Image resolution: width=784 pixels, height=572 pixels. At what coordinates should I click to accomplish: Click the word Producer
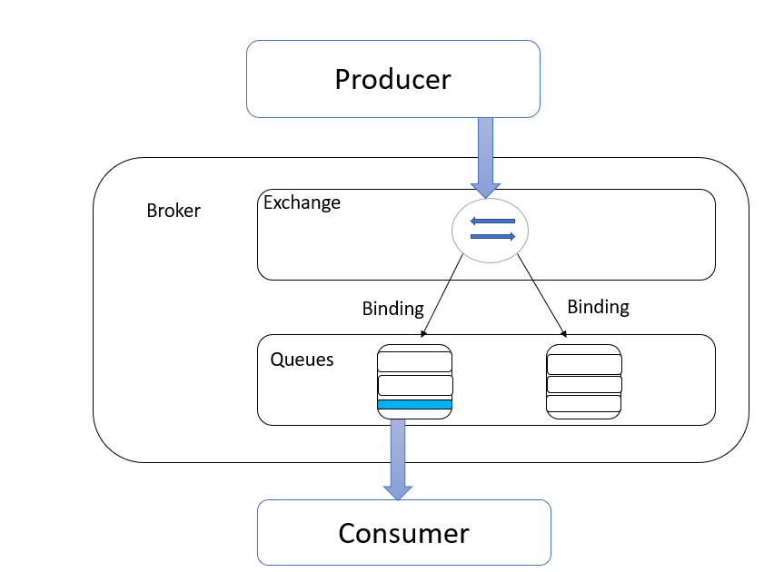pyautogui.click(x=393, y=79)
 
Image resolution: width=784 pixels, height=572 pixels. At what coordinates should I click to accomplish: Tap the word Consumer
pyautogui.click(x=404, y=533)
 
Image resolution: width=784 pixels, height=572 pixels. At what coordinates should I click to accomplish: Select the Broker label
pyautogui.click(x=174, y=211)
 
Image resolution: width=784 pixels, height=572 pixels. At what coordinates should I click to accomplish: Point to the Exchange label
pyautogui.click(x=302, y=202)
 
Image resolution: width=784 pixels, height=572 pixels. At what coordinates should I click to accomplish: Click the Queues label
pyautogui.click(x=302, y=360)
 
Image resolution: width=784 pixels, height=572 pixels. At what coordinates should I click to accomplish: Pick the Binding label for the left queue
pyautogui.click(x=393, y=309)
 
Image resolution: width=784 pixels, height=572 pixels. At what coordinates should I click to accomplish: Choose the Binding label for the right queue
pyautogui.click(x=598, y=307)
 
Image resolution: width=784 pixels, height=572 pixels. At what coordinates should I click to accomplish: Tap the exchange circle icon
pyautogui.click(x=490, y=231)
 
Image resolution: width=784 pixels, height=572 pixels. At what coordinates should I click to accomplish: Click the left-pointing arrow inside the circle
pyautogui.click(x=492, y=221)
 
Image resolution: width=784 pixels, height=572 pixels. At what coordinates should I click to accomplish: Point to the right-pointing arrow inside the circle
pyautogui.click(x=492, y=236)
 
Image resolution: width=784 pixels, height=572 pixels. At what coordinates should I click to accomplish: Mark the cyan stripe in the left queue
pyautogui.click(x=414, y=404)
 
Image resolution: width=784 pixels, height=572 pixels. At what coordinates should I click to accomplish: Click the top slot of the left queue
pyautogui.click(x=414, y=361)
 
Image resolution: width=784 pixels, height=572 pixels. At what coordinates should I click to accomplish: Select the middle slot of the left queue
pyautogui.click(x=415, y=385)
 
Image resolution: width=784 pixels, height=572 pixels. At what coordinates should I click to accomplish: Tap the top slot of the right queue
pyautogui.click(x=584, y=364)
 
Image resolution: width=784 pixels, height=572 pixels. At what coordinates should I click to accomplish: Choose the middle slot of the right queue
pyautogui.click(x=584, y=384)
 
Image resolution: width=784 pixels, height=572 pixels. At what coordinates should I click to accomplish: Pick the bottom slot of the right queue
pyautogui.click(x=584, y=403)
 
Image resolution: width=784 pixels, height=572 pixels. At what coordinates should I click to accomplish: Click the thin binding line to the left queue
pyautogui.click(x=443, y=295)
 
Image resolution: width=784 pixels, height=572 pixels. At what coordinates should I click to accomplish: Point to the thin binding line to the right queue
pyautogui.click(x=542, y=295)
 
